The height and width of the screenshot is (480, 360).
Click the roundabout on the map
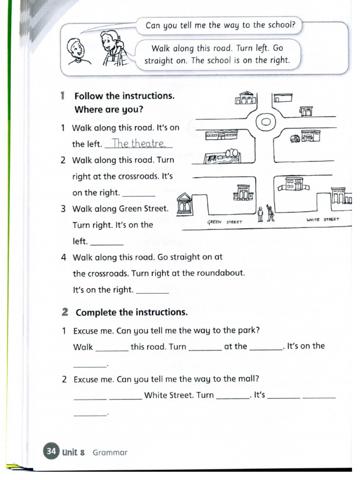(x=265, y=122)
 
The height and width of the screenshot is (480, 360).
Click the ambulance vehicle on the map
(x=295, y=138)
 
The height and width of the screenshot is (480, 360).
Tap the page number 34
(x=51, y=451)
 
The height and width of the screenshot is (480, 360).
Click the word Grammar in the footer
(x=110, y=452)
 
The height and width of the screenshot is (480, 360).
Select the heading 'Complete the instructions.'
(x=131, y=312)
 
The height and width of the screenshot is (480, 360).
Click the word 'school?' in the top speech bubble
(x=279, y=25)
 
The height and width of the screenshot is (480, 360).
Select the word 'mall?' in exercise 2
(x=247, y=379)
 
